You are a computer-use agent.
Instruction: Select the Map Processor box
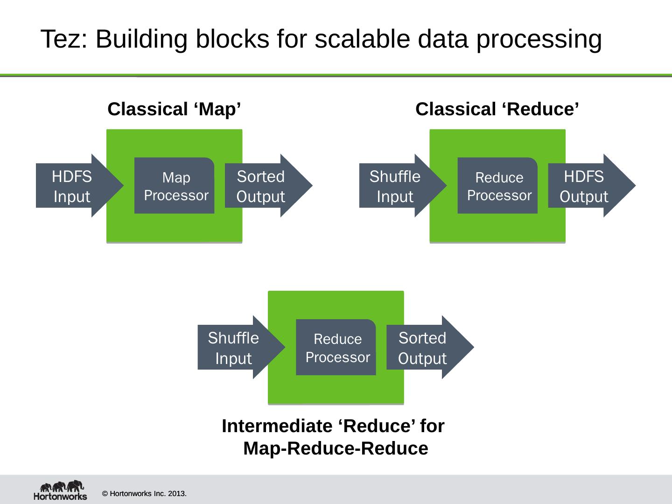(x=174, y=185)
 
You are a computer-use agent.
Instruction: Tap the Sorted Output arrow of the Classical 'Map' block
(x=268, y=186)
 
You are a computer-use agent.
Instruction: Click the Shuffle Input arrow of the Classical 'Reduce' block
(x=403, y=186)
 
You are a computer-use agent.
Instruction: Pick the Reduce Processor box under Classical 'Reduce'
(x=497, y=185)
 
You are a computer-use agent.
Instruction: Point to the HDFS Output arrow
(x=592, y=186)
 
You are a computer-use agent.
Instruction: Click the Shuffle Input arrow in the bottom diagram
(x=241, y=347)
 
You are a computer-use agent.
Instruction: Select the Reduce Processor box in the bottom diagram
(x=336, y=347)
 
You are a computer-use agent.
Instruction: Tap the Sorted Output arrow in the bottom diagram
(x=430, y=347)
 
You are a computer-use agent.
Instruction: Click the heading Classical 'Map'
(x=174, y=109)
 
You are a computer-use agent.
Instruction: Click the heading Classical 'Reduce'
(x=497, y=109)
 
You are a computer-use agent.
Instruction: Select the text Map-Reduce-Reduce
(x=336, y=448)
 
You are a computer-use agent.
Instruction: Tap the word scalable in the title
(x=362, y=39)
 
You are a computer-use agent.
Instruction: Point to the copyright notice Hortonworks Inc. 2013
(x=144, y=494)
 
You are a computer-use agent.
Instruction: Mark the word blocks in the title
(x=233, y=39)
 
